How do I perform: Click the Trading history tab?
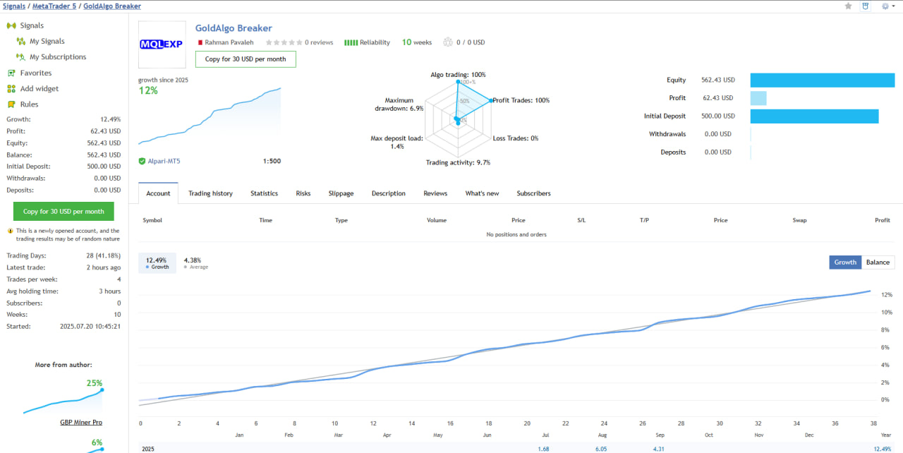210,193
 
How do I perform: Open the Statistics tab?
264,193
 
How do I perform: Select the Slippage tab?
341,193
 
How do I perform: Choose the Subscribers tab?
533,193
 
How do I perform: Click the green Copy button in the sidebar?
63,212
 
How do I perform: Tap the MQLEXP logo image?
161,44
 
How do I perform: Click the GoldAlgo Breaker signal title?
234,28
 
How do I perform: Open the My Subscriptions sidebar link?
58,57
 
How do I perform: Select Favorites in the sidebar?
35,73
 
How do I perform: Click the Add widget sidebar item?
40,89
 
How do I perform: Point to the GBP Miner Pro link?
81,422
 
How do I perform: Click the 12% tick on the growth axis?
887,295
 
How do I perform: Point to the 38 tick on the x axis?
873,423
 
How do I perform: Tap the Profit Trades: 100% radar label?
521,100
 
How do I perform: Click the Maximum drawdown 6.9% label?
399,104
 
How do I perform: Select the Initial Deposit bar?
814,116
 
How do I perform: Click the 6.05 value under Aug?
601,449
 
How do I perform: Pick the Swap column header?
799,220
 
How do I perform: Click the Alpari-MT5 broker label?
164,162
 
